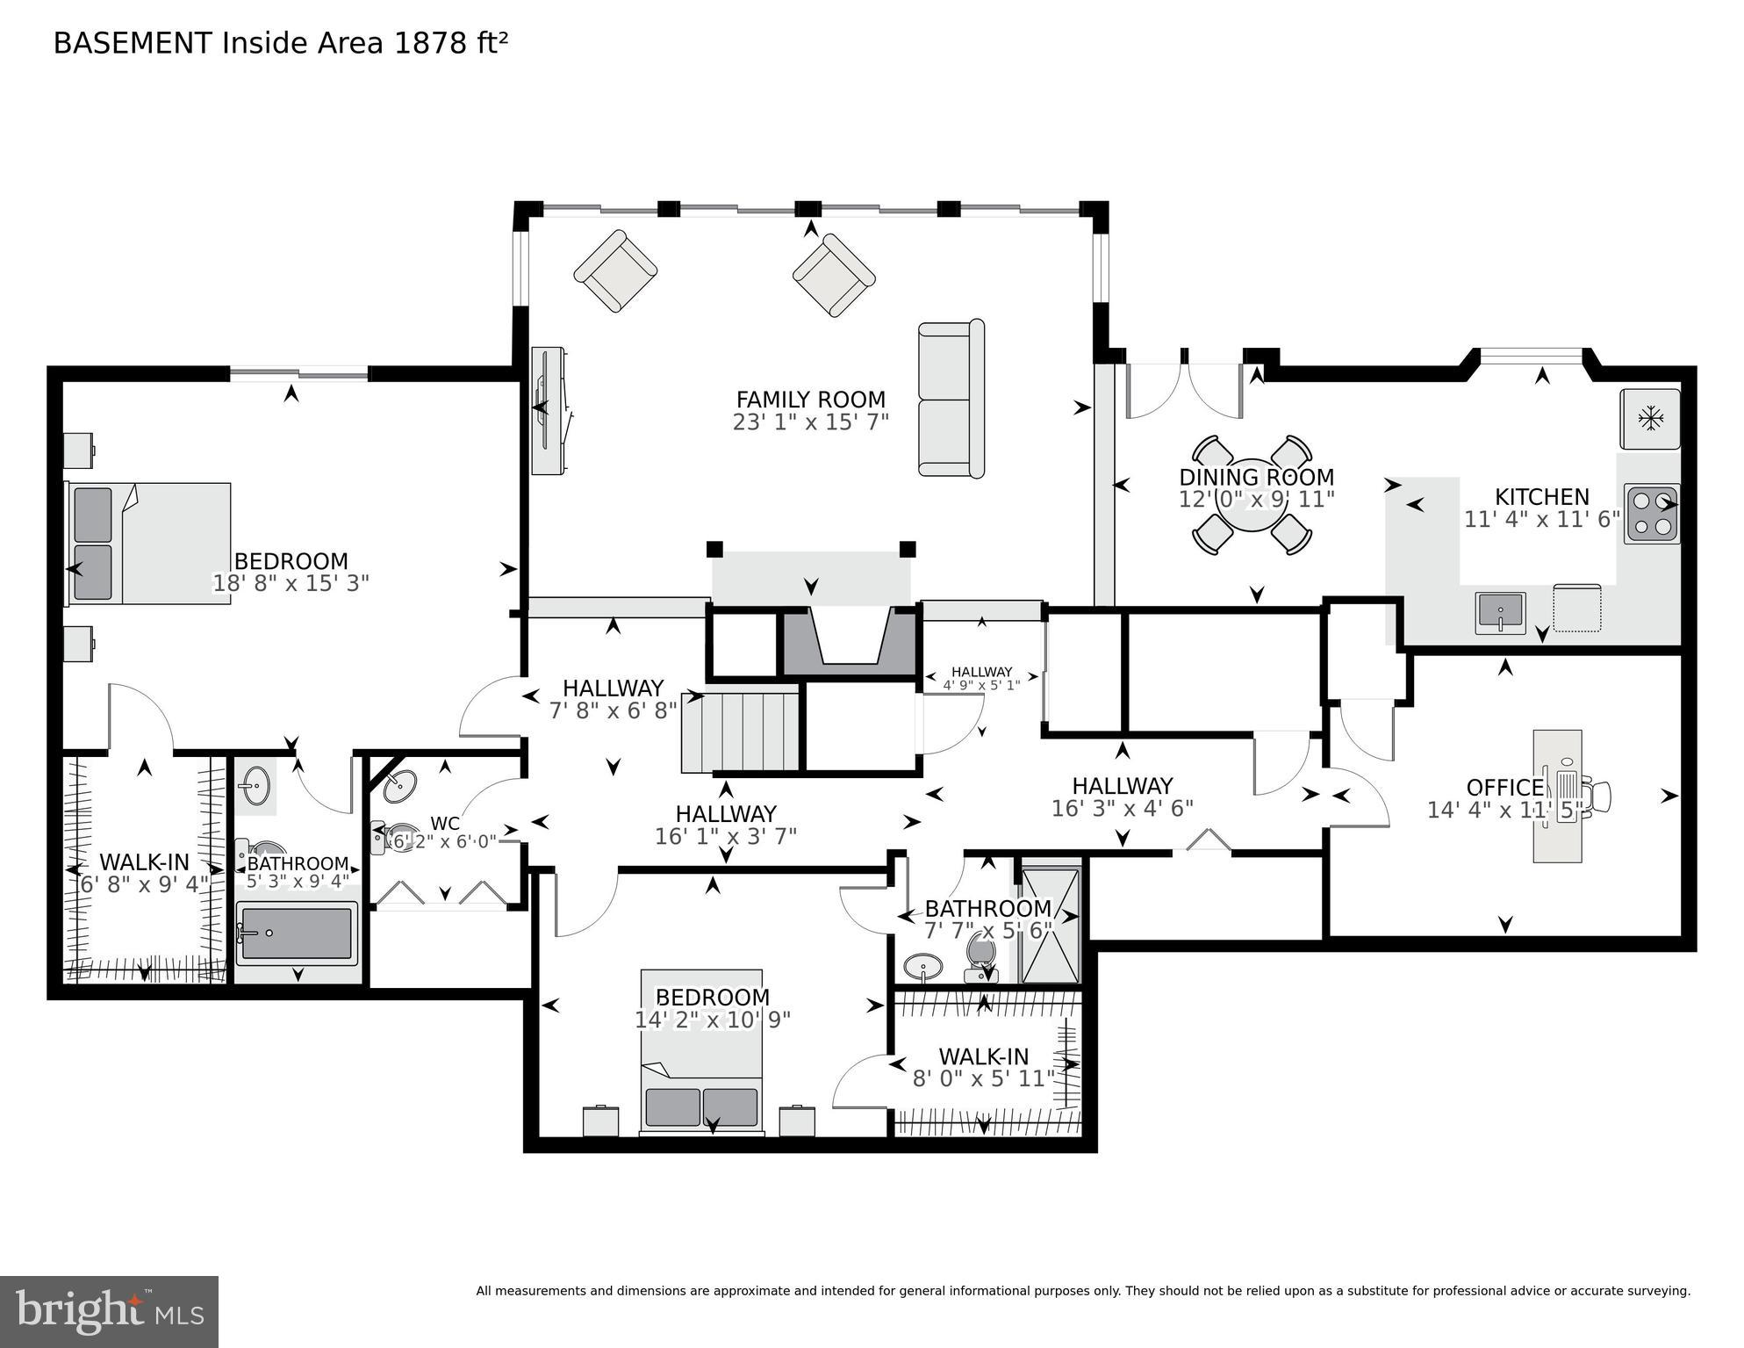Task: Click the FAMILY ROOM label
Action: click(x=810, y=400)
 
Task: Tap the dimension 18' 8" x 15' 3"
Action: click(x=291, y=583)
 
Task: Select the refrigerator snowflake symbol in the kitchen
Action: click(x=1650, y=419)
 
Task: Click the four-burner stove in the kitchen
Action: click(x=1651, y=514)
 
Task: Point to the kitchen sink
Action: click(x=1500, y=611)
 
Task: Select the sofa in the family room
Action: click(x=951, y=399)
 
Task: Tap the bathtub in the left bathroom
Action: click(x=297, y=933)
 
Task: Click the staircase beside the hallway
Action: click(x=742, y=732)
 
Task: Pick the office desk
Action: click(x=1557, y=796)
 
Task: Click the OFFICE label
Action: click(x=1504, y=787)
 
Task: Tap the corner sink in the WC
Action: click(x=400, y=784)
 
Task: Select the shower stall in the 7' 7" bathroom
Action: click(x=1050, y=925)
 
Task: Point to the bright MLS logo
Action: click(x=109, y=1311)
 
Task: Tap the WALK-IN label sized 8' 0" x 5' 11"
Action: click(x=983, y=1056)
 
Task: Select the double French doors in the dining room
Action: click(x=1185, y=390)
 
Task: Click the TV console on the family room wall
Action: click(x=549, y=411)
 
